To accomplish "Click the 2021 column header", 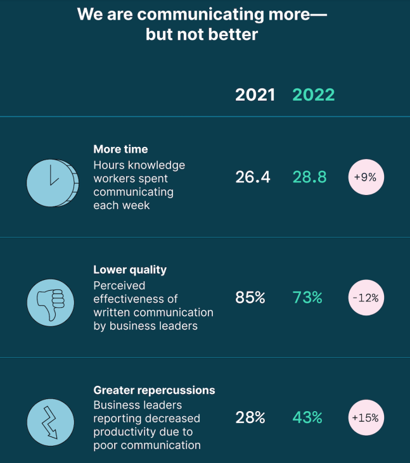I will [x=255, y=95].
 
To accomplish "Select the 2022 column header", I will [x=313, y=95].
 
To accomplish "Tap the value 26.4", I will [x=253, y=177].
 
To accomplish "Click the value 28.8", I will [x=309, y=177].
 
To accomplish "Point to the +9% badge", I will [x=366, y=177].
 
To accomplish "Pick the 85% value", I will [x=250, y=298].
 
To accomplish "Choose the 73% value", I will [x=307, y=298].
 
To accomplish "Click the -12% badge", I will [x=366, y=298].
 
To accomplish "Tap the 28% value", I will [x=250, y=418].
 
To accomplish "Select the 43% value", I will [x=307, y=418].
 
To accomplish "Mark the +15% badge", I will [x=366, y=418].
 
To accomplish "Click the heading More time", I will [x=120, y=149].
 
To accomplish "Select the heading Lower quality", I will [x=130, y=270].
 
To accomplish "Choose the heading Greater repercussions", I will [x=154, y=390].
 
